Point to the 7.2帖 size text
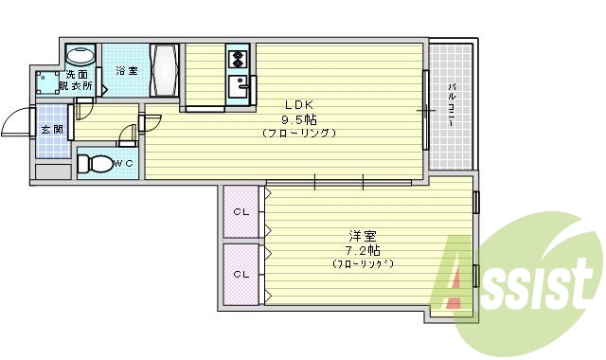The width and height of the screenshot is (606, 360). tap(363, 250)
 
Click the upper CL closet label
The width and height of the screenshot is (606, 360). tap(242, 211)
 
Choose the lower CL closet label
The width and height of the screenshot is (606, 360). tap(242, 274)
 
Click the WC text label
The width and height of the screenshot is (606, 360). tap(124, 164)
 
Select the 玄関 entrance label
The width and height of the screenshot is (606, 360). tap(51, 130)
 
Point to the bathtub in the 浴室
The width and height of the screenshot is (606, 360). tap(165, 69)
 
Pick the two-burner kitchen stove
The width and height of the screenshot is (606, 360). tap(238, 62)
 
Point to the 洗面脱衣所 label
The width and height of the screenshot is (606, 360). tap(77, 81)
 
